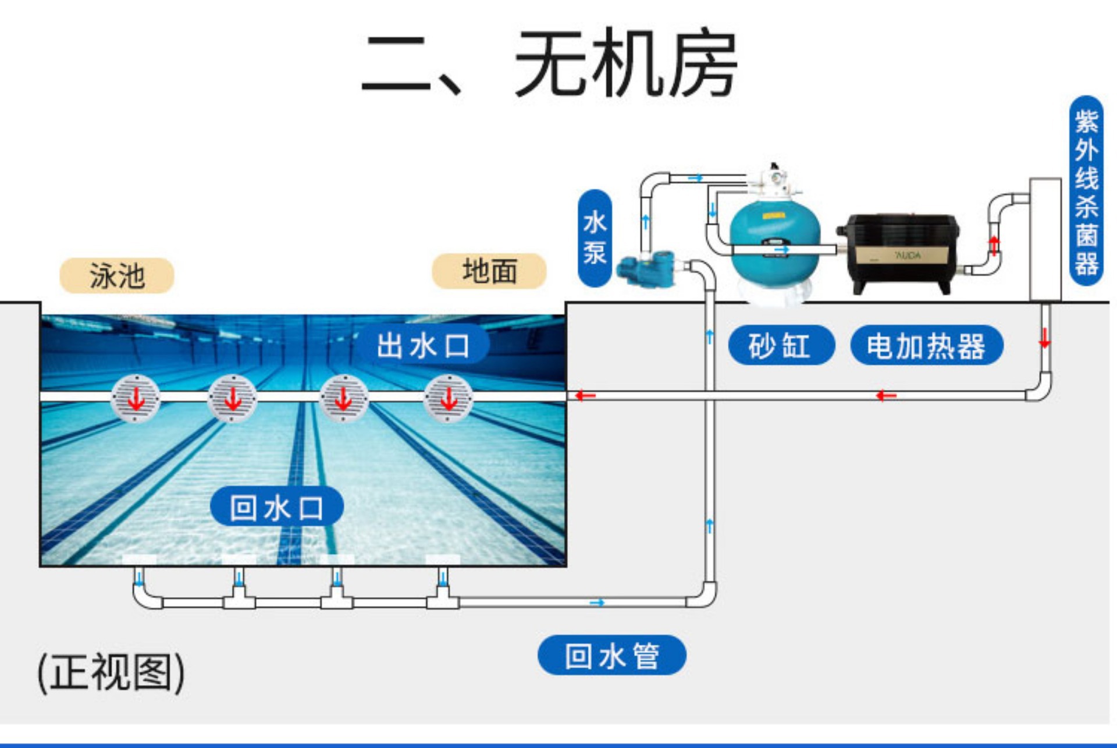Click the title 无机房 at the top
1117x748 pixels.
point(625,63)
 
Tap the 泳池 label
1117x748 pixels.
point(116,275)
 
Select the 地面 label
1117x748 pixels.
point(489,271)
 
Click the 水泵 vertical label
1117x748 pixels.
point(595,238)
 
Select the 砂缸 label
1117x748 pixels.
point(781,346)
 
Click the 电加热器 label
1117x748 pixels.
point(926,346)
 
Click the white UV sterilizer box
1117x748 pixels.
point(1045,239)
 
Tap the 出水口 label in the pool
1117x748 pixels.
point(423,346)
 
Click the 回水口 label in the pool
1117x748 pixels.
point(276,508)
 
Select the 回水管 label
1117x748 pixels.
point(611,655)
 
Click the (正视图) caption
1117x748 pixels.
point(111,673)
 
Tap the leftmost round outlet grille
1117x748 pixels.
point(136,398)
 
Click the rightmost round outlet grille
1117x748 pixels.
point(448,398)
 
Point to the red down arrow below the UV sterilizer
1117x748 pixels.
point(1045,338)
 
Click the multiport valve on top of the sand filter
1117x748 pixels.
point(775,180)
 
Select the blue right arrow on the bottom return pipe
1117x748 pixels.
point(597,602)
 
